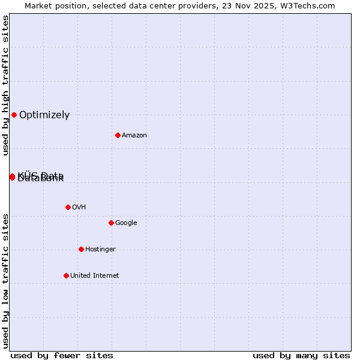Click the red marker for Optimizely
14,115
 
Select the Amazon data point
118,135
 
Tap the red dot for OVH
68,207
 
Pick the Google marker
111,223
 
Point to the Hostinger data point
81,249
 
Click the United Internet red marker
66,275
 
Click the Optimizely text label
44,115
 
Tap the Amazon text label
134,136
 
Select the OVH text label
79,208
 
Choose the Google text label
126,223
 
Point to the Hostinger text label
100,250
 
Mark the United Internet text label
94,276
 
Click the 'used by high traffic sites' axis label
5,86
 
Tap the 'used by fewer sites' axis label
62,356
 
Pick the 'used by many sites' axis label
301,356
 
